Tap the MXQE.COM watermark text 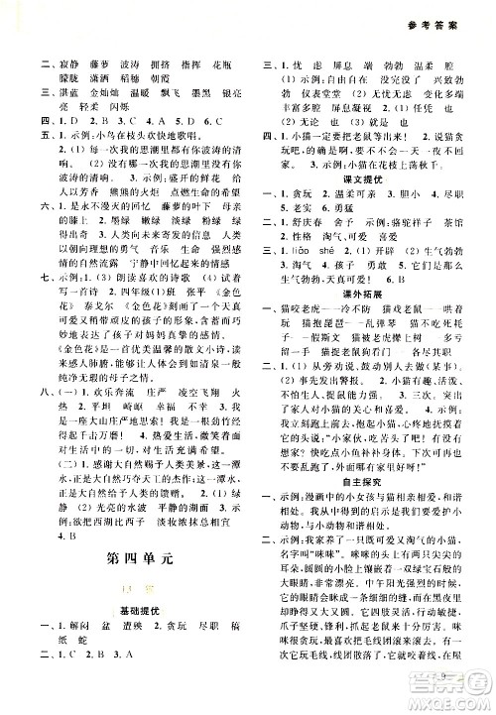click(x=457, y=701)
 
